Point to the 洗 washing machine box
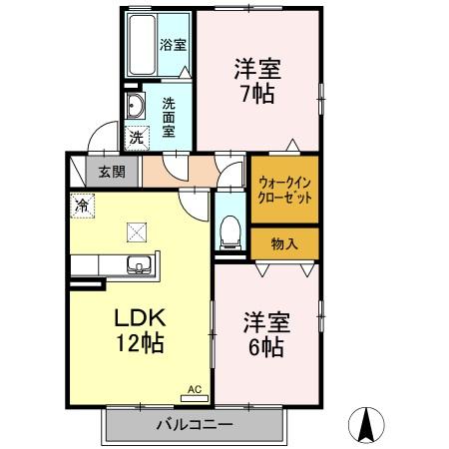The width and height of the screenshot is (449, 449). (x=134, y=137)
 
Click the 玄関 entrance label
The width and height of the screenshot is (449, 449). (x=112, y=171)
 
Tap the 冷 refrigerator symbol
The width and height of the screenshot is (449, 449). (x=80, y=204)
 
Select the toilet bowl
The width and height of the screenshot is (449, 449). (x=228, y=228)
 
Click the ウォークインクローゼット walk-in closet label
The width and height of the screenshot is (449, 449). (x=284, y=190)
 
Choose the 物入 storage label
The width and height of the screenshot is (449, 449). (x=283, y=242)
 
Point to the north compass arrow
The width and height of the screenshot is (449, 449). (x=366, y=426)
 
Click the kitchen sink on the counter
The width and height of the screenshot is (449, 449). (x=138, y=264)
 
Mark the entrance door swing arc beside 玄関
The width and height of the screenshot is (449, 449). (x=97, y=140)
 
